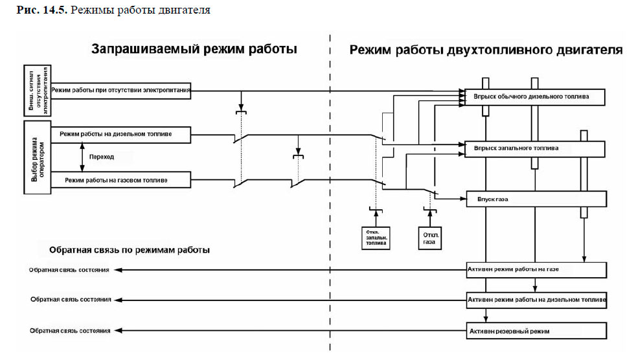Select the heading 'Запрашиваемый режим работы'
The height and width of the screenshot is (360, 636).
[x=194, y=49]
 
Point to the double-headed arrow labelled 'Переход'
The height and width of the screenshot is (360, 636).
[x=81, y=157]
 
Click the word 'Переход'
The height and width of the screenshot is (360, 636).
[x=101, y=157]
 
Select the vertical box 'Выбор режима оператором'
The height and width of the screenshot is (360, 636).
[x=38, y=157]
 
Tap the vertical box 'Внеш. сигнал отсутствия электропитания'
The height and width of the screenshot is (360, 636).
[x=38, y=90]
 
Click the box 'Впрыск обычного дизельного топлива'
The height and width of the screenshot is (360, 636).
[x=535, y=96]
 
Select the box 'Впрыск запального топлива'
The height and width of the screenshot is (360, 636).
[x=535, y=148]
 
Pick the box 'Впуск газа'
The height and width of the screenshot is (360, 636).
[x=535, y=199]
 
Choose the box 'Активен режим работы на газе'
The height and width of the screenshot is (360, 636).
[x=535, y=269]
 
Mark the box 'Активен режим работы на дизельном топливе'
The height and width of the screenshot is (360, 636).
[x=535, y=300]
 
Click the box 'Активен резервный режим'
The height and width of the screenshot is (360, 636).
[x=535, y=331]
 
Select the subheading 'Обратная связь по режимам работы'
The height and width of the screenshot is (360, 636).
[x=129, y=249]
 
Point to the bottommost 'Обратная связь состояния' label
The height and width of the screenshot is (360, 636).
[x=70, y=331]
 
